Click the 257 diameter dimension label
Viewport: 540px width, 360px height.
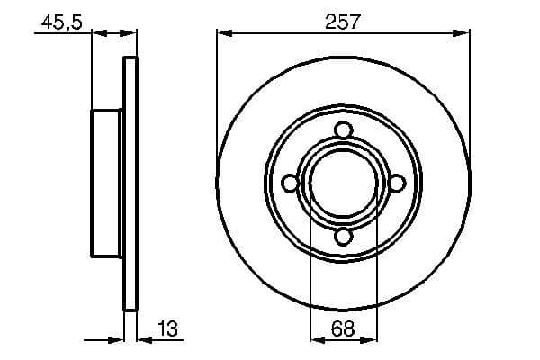coord(342,22)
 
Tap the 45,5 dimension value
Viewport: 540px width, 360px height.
coord(62,22)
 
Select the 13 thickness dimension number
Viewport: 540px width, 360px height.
coord(167,328)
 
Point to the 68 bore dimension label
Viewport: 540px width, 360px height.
coord(343,328)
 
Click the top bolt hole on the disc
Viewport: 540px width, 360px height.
coord(344,130)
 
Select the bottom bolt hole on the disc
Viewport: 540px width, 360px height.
coord(344,237)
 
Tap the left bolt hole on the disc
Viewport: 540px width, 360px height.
coord(290,184)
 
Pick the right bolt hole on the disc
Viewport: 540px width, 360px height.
coord(397,184)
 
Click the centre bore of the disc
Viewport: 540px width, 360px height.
coord(344,184)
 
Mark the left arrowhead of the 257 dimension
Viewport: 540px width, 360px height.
coord(224,33)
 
